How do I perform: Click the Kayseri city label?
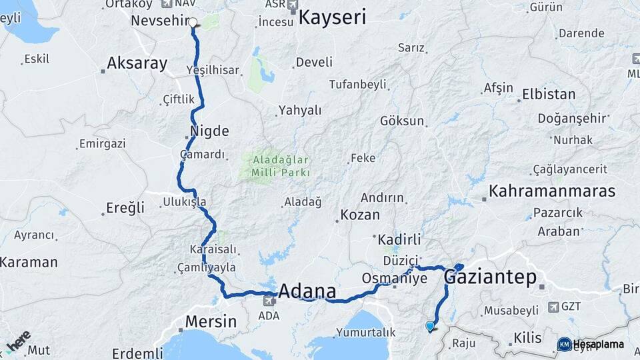click(x=332, y=17)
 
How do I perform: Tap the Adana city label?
click(x=307, y=291)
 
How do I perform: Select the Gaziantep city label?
click(x=490, y=277)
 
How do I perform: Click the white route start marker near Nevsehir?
click(x=193, y=23)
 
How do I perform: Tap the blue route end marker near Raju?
click(x=430, y=326)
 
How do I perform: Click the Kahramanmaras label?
click(x=551, y=191)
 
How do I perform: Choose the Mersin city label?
click(x=211, y=321)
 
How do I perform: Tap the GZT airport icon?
click(x=553, y=307)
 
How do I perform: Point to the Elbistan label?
click(x=549, y=94)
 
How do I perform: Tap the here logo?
click(x=19, y=341)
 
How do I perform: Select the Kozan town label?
click(x=360, y=215)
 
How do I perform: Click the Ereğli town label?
click(x=125, y=208)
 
